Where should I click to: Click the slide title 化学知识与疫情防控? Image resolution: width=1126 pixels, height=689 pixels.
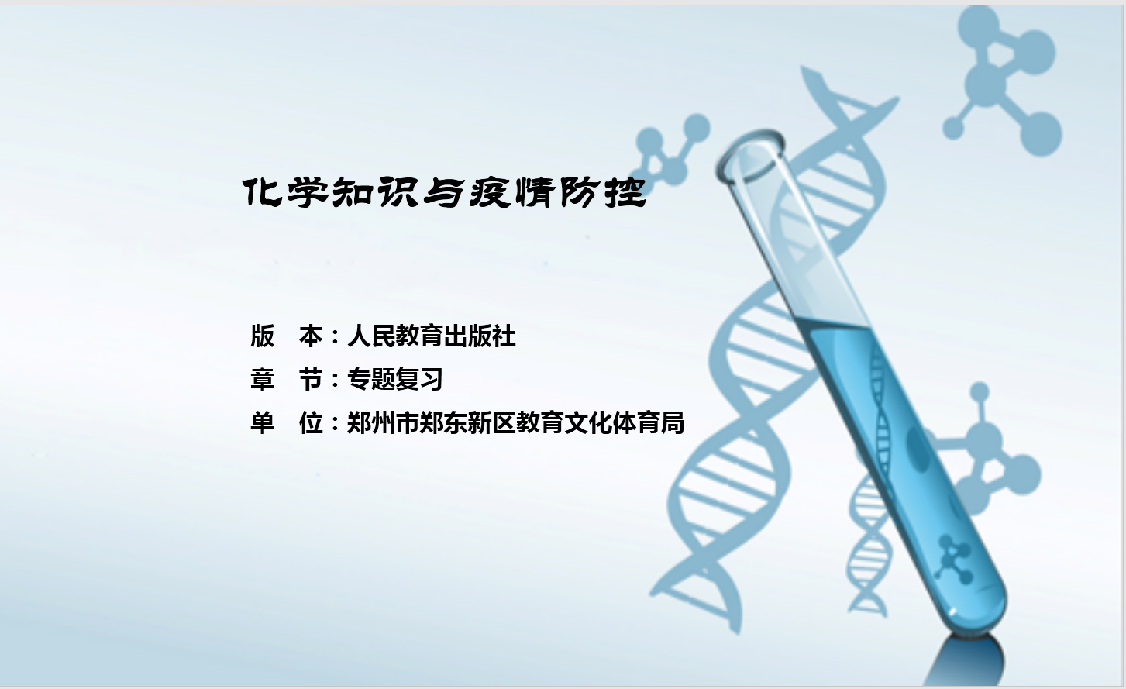pos(444,192)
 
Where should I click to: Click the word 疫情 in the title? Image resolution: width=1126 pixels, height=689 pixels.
pos(512,192)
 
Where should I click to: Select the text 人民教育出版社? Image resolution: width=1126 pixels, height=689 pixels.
pos(432,336)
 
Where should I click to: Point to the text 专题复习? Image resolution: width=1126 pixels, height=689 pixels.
pos(395,379)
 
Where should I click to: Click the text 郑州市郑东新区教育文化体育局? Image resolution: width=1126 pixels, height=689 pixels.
pos(516,422)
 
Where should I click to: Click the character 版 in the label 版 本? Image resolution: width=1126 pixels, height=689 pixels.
pos(263,336)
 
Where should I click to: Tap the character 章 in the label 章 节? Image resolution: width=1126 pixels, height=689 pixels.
pos(263,379)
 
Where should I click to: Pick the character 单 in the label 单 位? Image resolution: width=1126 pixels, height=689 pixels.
pos(263,422)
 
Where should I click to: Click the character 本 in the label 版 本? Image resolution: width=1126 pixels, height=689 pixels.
pos(311,336)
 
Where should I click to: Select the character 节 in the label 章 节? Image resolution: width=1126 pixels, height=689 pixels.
pos(311,379)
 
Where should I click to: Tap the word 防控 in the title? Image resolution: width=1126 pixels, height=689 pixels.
pos(603,192)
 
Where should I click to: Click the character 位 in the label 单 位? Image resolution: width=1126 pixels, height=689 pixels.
pos(311,422)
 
